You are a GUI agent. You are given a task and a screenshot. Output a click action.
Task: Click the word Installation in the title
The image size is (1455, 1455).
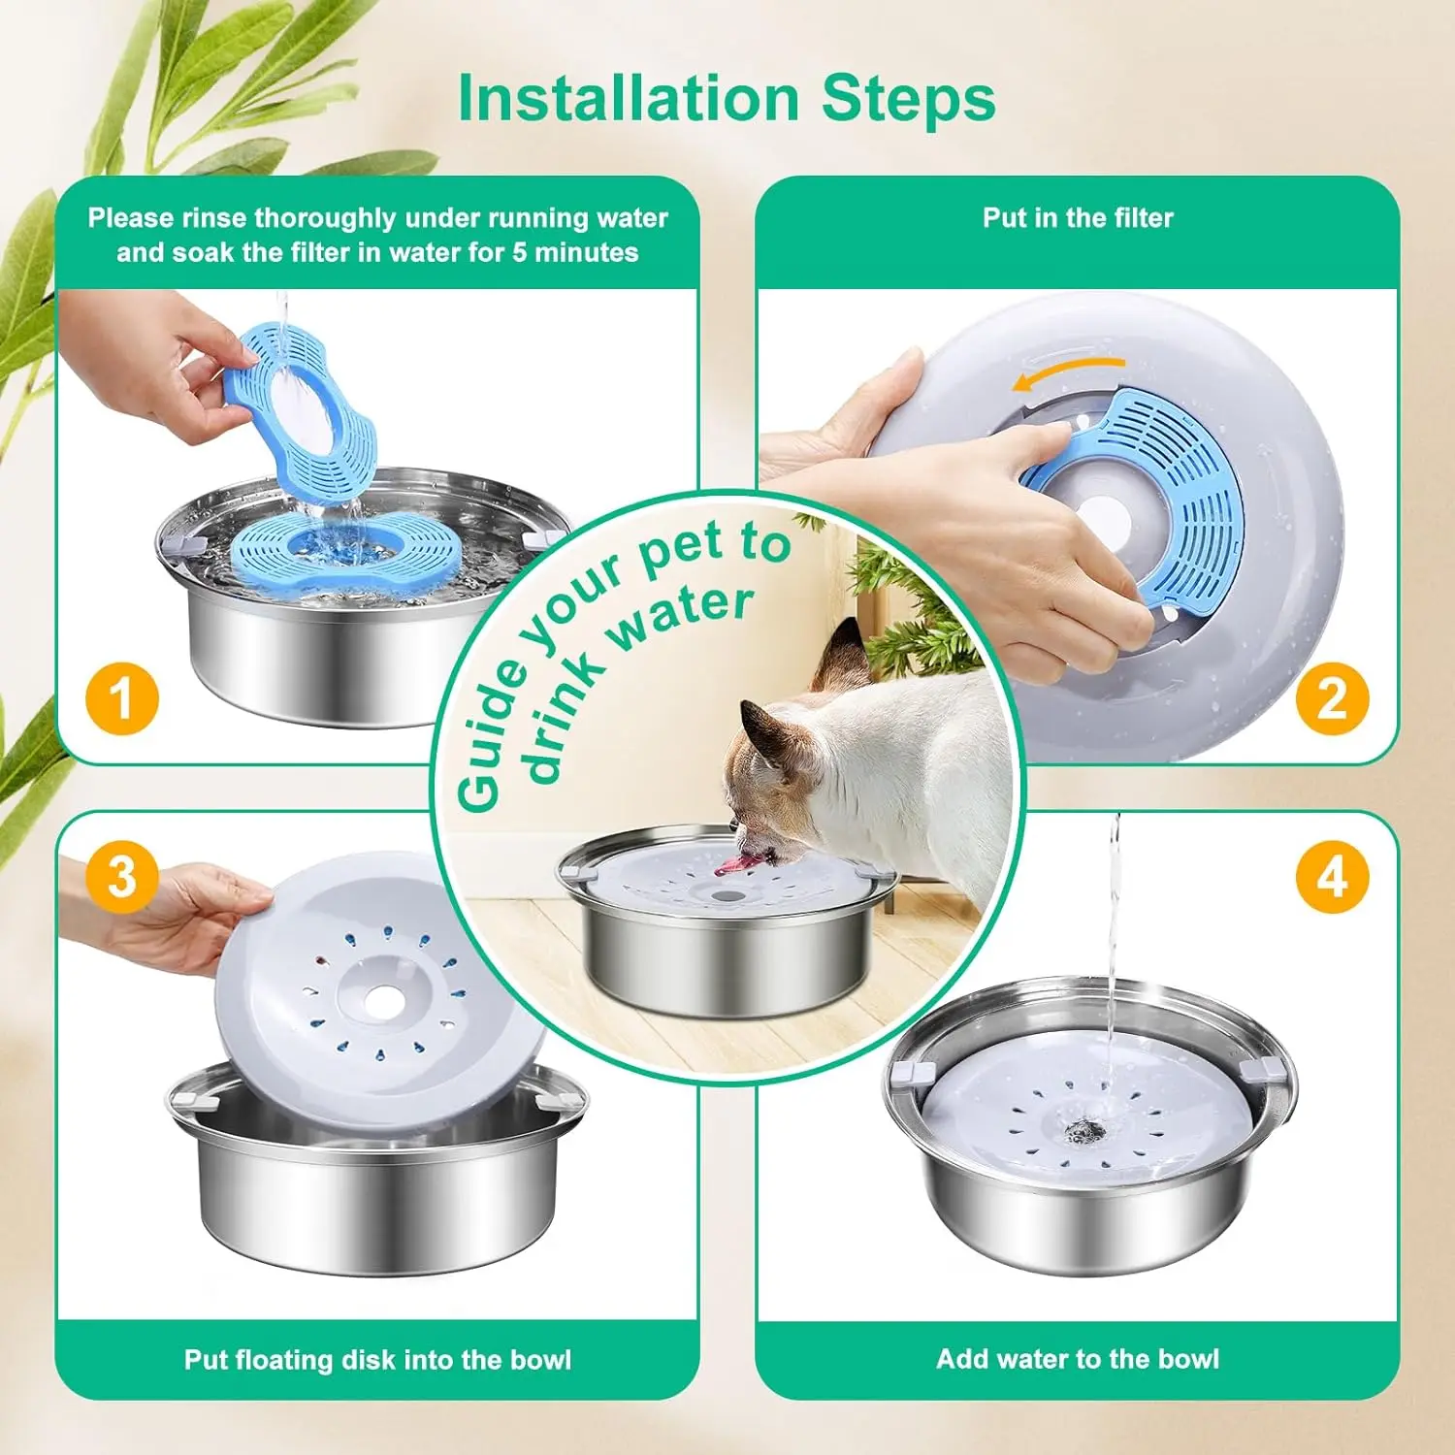tap(629, 98)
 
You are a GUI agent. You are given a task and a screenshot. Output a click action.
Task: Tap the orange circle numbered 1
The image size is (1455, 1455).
tap(121, 698)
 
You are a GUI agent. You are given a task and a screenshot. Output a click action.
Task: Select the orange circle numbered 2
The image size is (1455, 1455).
tap(1333, 698)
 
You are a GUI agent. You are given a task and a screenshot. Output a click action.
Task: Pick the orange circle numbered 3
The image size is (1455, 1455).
tap(121, 877)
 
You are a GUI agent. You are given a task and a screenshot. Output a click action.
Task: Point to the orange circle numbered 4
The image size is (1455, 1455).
tap(1333, 877)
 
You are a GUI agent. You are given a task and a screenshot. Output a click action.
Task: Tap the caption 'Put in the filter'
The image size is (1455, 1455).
tap(1078, 217)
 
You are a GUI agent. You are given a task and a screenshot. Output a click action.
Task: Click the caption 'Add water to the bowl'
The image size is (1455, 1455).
tap(1078, 1359)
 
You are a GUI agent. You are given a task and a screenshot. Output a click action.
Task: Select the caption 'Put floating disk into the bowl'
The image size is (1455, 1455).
tap(377, 1360)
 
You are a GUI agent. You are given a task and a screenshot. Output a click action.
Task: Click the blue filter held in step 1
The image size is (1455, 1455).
tap(301, 407)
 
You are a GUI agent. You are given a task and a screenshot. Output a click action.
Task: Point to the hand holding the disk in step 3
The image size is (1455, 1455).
tap(165, 917)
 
